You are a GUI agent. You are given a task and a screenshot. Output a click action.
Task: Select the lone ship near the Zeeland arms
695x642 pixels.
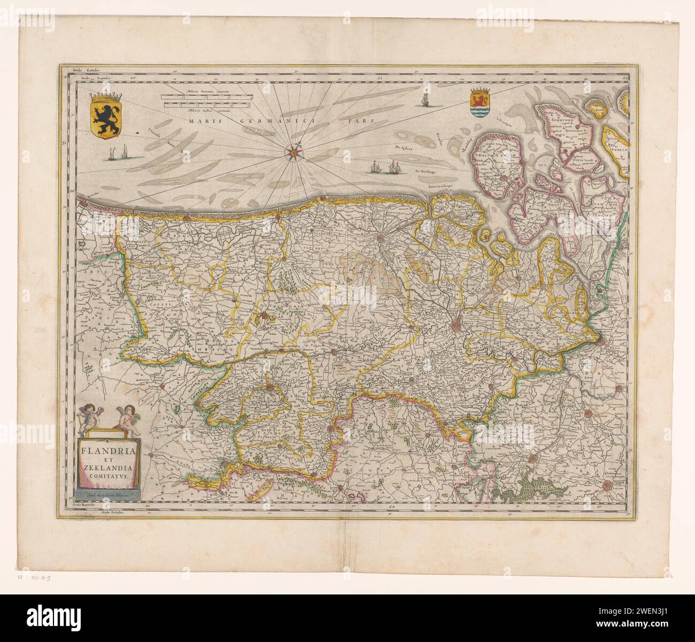[x=426, y=99]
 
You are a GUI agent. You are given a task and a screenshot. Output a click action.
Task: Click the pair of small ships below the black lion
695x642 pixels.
[x=118, y=154]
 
